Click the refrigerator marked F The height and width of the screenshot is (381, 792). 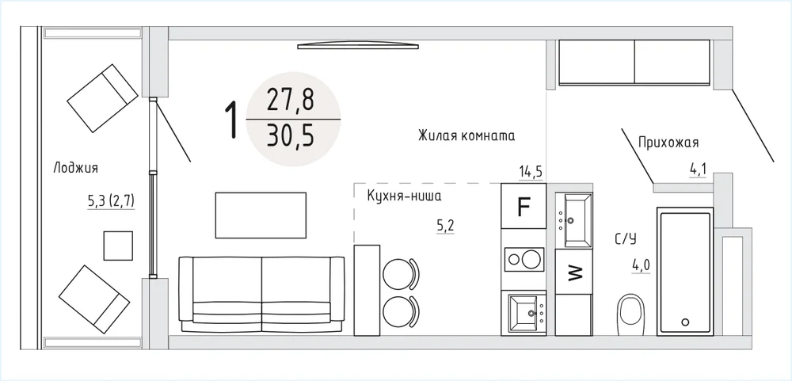pyautogui.click(x=524, y=206)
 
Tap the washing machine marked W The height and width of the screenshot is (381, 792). pyautogui.click(x=573, y=272)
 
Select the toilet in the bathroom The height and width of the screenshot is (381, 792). pyautogui.click(x=631, y=314)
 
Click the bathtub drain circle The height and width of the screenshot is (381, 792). pyautogui.click(x=685, y=322)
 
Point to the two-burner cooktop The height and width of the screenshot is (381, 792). pyautogui.click(x=524, y=260)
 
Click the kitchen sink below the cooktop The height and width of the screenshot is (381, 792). pyautogui.click(x=527, y=313)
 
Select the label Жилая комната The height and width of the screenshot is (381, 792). pyautogui.click(x=466, y=136)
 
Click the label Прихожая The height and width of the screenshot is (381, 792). pyautogui.click(x=668, y=143)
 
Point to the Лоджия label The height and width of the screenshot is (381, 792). pyautogui.click(x=75, y=168)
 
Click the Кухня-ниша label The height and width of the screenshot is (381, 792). pyautogui.click(x=404, y=196)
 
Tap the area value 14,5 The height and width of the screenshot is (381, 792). pyautogui.click(x=531, y=172)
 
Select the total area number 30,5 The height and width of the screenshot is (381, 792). pyautogui.click(x=291, y=135)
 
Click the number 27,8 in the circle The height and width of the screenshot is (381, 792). pyautogui.click(x=291, y=101)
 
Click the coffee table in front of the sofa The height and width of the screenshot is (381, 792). pyautogui.click(x=261, y=215)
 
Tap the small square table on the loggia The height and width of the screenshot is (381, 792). pyautogui.click(x=118, y=246)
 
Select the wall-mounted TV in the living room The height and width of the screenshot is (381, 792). pyautogui.click(x=358, y=46)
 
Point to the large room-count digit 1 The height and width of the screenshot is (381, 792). pyautogui.click(x=231, y=120)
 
